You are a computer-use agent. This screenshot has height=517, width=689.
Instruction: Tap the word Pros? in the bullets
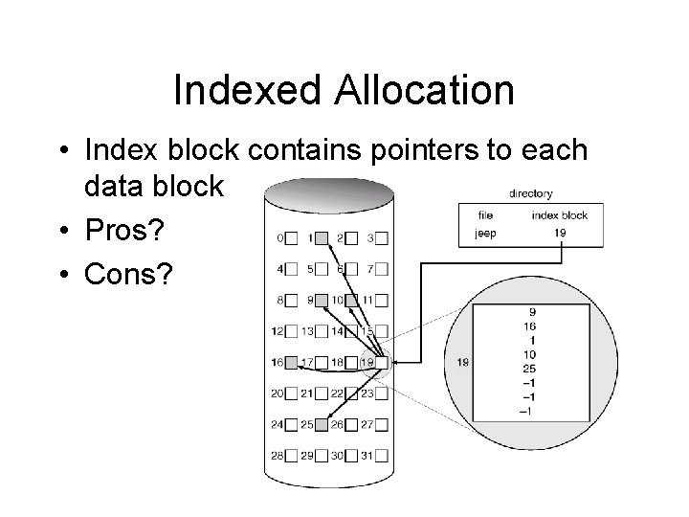(x=125, y=231)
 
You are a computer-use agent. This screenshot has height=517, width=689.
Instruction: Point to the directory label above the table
(x=529, y=193)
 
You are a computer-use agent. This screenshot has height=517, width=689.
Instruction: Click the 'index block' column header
(x=559, y=215)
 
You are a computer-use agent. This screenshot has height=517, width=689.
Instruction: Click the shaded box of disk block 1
(x=322, y=237)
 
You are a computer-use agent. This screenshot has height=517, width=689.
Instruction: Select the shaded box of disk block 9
(x=322, y=300)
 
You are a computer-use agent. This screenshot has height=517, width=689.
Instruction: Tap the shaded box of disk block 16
(x=290, y=363)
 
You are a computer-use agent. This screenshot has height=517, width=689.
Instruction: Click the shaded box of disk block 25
(x=322, y=424)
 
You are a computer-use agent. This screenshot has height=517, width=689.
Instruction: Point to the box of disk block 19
(x=382, y=363)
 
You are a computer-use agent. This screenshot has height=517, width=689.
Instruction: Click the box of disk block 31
(x=382, y=456)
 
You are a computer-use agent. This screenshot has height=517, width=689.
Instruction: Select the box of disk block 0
(x=290, y=237)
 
